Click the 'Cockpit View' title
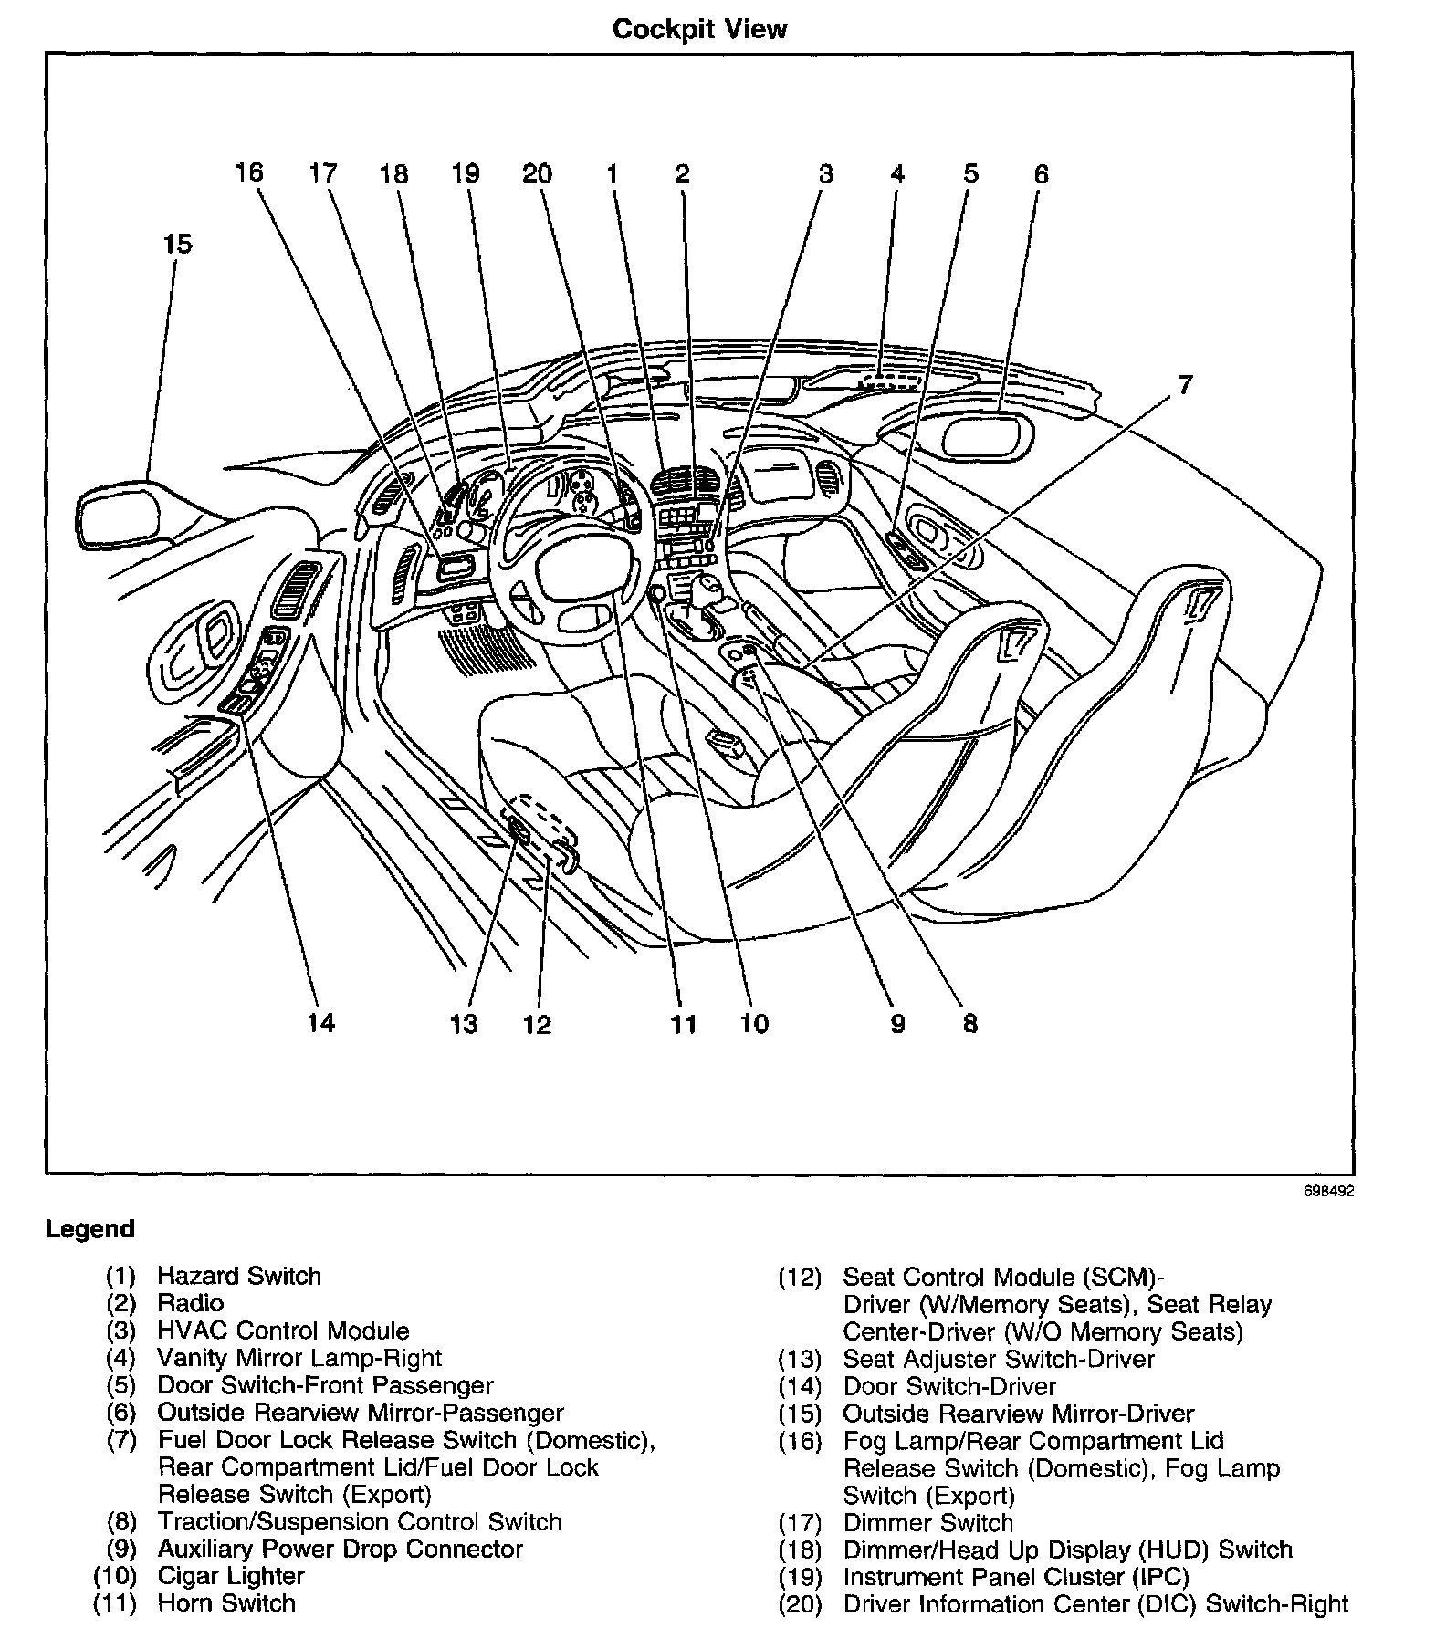point(699,29)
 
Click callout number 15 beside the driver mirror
point(178,244)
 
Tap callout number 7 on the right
point(1184,385)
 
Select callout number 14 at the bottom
point(320,1022)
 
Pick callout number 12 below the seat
point(538,1024)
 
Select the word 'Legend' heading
point(89,1228)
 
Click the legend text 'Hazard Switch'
point(239,1276)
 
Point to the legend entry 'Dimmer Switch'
point(927,1523)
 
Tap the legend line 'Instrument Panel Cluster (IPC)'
point(1016,1577)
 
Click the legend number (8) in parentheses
point(120,1522)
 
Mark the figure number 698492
point(1328,1191)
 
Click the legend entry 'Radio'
point(190,1303)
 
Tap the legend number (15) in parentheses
point(800,1414)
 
